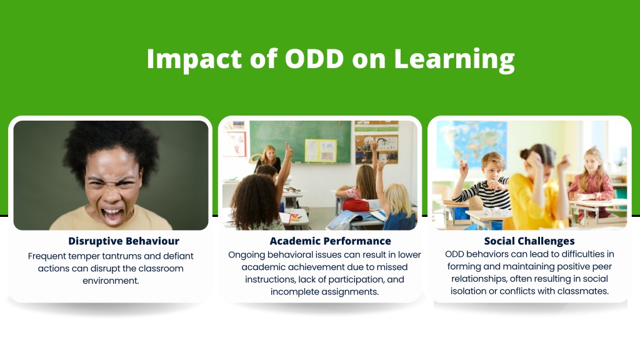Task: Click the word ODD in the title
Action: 314,58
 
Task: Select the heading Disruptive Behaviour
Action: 124,241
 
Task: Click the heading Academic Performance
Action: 330,241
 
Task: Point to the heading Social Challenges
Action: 529,241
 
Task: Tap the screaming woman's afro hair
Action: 110,147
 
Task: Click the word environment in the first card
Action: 111,281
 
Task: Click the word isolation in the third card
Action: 469,291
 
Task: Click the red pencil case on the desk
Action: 356,205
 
